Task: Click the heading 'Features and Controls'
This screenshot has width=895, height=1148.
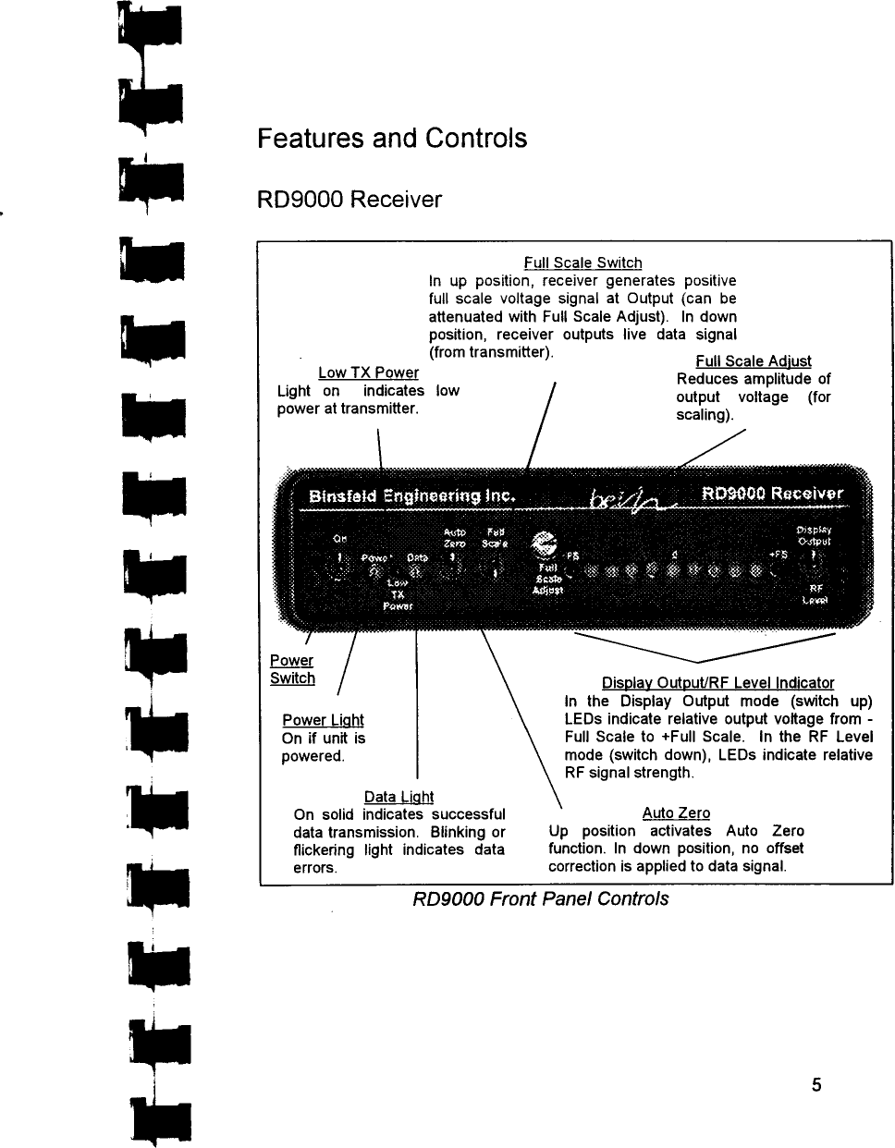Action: [x=392, y=139]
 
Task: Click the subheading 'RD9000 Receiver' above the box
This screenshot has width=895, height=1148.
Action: [x=349, y=200]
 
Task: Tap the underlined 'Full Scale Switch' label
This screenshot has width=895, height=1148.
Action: [x=582, y=263]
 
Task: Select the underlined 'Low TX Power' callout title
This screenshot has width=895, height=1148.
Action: [x=368, y=372]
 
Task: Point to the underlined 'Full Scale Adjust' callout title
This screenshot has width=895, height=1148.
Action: [x=754, y=361]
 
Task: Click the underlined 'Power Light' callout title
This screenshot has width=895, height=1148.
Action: [x=323, y=720]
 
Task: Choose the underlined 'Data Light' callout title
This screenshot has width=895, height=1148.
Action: [x=398, y=797]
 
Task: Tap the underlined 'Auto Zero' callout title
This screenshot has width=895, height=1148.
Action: [x=676, y=813]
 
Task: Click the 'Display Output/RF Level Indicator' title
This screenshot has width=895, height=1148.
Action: [x=717, y=683]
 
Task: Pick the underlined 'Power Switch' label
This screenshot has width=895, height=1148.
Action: [x=292, y=669]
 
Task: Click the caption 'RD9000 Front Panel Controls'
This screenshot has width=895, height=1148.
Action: [x=540, y=898]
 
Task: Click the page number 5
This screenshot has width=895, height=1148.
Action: [x=816, y=1085]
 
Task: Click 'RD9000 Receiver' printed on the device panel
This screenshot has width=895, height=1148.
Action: [x=772, y=494]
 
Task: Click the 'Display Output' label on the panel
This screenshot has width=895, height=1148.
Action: [x=814, y=536]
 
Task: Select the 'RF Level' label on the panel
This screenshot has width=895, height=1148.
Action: [x=815, y=593]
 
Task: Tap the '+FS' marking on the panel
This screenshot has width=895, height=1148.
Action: [x=779, y=554]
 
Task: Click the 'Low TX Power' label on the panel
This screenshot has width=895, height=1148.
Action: [x=398, y=594]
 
